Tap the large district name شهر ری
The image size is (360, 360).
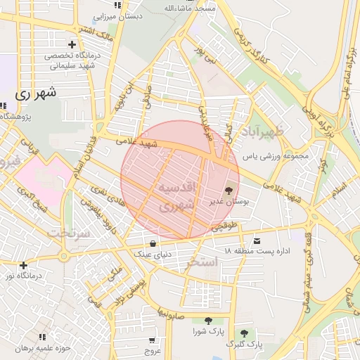point(34,92)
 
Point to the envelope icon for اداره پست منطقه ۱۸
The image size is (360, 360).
point(257,240)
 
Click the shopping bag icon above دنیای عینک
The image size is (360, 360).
point(153,243)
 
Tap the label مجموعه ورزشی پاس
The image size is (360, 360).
point(275,156)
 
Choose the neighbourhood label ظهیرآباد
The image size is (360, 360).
point(263,132)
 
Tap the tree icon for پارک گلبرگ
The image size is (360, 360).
point(244,333)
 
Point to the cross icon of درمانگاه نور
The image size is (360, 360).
point(24,265)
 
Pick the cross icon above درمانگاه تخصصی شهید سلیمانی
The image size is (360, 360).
point(72,44)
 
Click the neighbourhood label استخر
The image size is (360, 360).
point(204,262)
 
